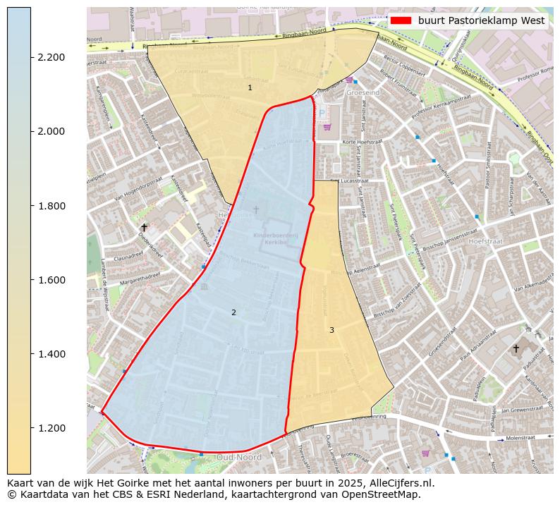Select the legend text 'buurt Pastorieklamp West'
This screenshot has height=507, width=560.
pos(481,21)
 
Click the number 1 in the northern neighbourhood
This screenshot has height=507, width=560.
pos(250,87)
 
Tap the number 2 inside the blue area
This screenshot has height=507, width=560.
pos(233,312)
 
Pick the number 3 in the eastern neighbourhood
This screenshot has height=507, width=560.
pos(331,330)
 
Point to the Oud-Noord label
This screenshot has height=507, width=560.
pos(238,457)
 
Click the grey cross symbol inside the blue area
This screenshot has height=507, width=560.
pos(256,209)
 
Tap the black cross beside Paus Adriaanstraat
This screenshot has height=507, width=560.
pos(516,348)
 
